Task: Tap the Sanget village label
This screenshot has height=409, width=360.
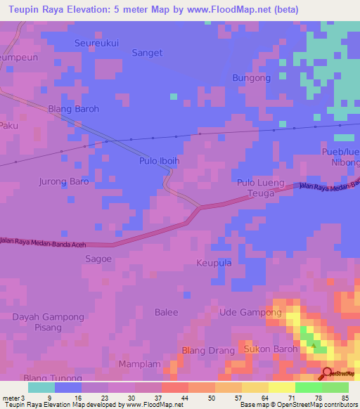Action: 147,53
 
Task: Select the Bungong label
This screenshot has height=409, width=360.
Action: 251,78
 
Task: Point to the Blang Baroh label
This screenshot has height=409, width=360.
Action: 73,109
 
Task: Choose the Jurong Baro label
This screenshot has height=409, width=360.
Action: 63,181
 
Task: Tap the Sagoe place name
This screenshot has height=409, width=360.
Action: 98,259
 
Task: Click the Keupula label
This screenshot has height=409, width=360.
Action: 213,263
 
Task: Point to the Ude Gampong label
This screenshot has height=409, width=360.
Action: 251,312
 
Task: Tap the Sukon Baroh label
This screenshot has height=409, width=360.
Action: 271,349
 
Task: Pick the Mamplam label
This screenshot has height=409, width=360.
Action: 139,365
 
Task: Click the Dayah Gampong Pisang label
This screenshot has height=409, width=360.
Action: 47,323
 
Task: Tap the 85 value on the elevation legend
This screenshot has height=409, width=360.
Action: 345,398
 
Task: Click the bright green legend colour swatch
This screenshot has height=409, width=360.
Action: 309,387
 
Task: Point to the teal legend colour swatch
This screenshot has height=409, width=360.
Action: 41,387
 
